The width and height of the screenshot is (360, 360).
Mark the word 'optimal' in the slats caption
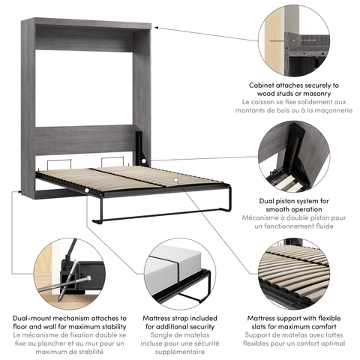pyautogui.click(x=336, y=343)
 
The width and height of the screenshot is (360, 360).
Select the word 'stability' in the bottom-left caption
pyautogui.click(x=100, y=326)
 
